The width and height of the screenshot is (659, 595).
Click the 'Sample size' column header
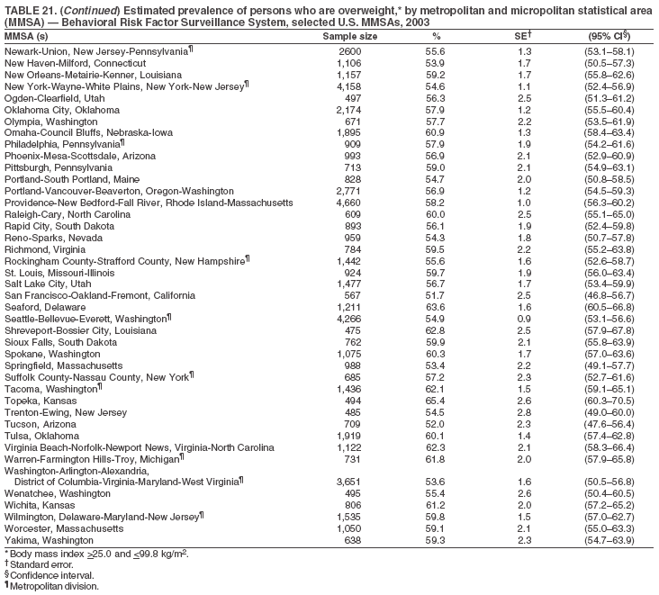pyautogui.click(x=349, y=36)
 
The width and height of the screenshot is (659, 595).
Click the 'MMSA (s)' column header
pyautogui.click(x=26, y=36)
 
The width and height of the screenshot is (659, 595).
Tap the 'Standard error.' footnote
pyautogui.click(x=40, y=563)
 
